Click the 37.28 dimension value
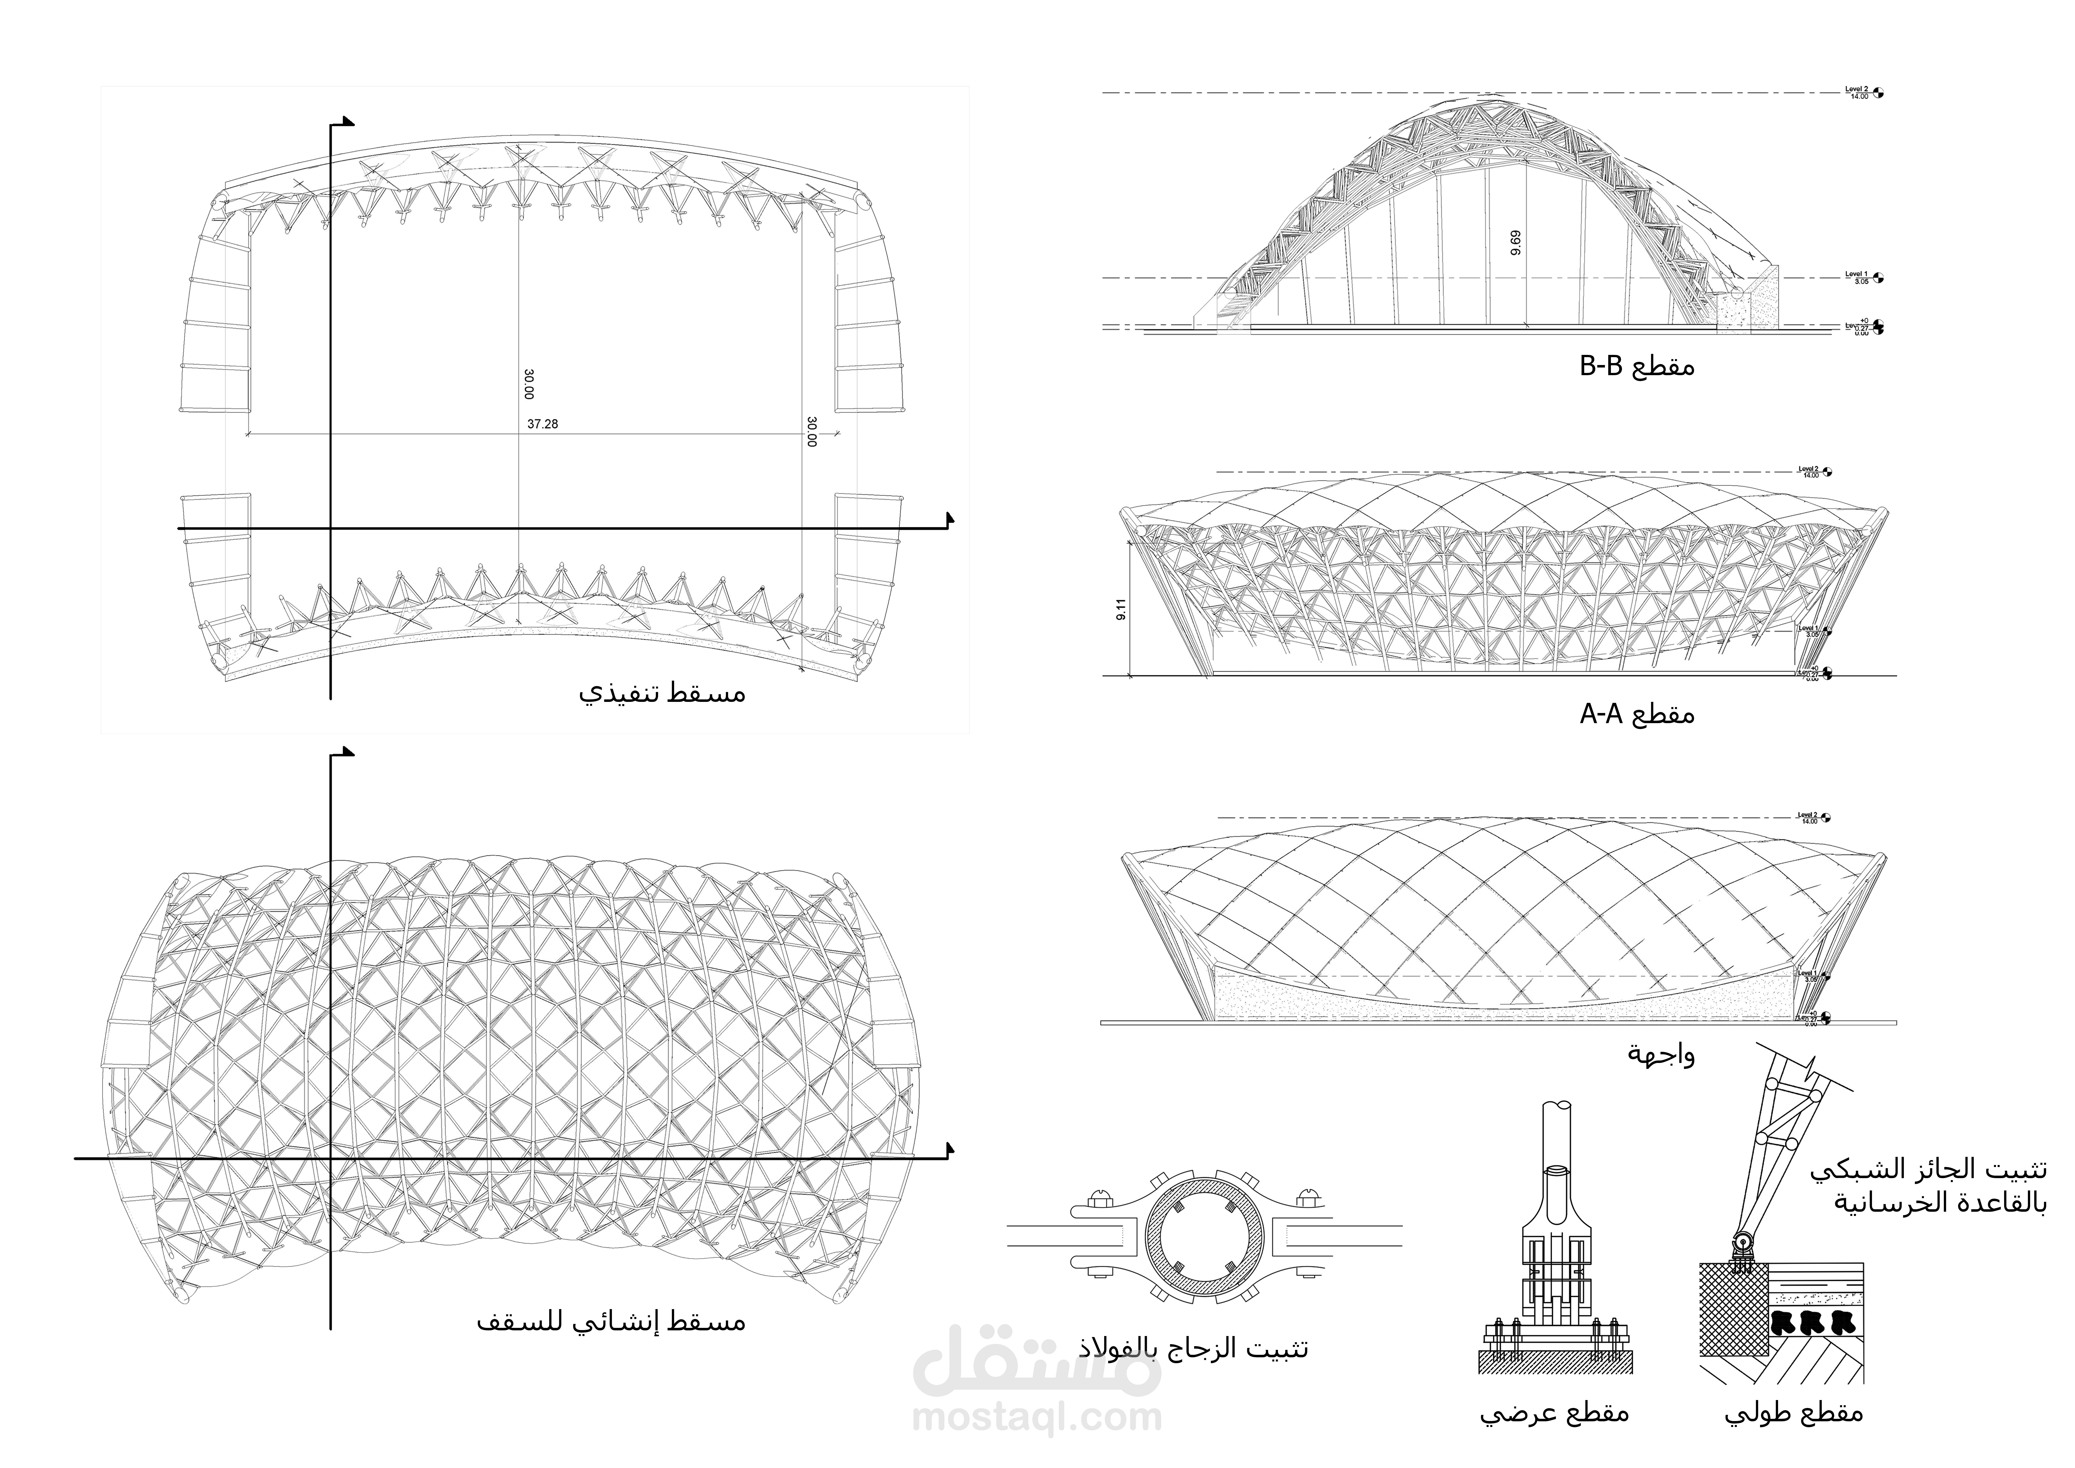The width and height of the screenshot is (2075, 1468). [542, 424]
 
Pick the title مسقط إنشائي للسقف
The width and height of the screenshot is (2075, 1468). [611, 1321]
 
